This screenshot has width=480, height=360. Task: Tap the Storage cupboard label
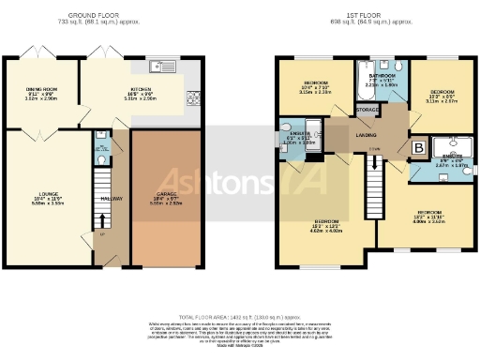click(x=367, y=110)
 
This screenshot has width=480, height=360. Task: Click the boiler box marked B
click(x=418, y=147)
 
